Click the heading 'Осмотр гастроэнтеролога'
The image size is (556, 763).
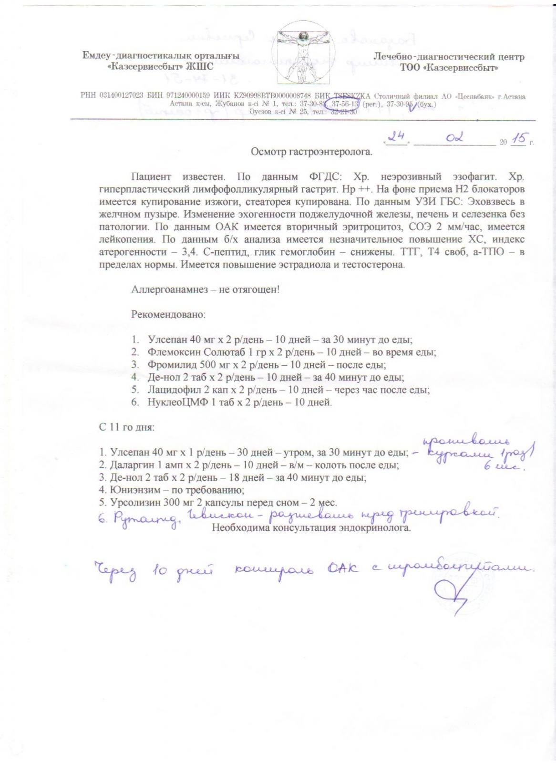tap(311, 152)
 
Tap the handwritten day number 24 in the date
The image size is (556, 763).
tap(395, 138)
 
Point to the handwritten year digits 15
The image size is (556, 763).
tap(518, 139)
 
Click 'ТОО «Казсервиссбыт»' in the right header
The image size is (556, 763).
tap(449, 68)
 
